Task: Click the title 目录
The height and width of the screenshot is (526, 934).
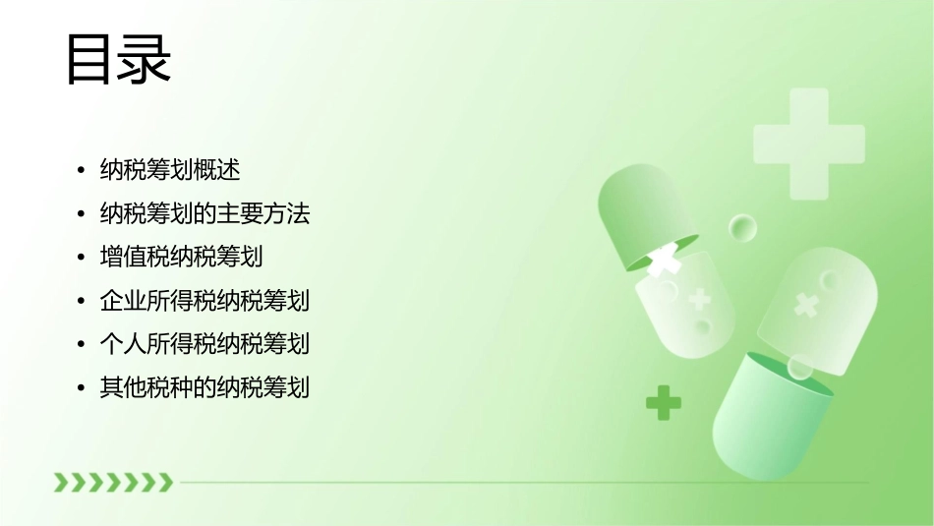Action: tap(118, 60)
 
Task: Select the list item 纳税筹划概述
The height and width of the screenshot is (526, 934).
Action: tap(169, 170)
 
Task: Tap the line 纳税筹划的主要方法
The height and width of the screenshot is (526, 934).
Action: tap(204, 213)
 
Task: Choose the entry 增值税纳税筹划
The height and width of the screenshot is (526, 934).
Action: tap(181, 257)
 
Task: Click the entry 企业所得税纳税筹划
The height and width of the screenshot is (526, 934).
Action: tap(204, 300)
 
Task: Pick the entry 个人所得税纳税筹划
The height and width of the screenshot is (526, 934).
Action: tap(204, 343)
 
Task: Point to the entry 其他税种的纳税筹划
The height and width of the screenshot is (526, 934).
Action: tap(204, 387)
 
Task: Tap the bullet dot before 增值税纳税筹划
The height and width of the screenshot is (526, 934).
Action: tap(82, 258)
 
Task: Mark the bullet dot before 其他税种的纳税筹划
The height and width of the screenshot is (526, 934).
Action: tap(82, 388)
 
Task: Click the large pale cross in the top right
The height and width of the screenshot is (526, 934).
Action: tap(808, 144)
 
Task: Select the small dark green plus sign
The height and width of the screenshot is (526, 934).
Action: tap(664, 402)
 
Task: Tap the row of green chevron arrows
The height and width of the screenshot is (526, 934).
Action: tap(113, 482)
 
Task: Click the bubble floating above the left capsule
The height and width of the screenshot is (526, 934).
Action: tap(742, 228)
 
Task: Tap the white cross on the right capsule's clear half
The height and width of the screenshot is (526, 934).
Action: tap(806, 305)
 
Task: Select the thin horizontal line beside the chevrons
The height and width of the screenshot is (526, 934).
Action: tap(521, 483)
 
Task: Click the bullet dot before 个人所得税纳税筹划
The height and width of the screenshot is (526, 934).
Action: tap(82, 344)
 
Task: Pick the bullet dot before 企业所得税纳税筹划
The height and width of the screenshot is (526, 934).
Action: tap(82, 301)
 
